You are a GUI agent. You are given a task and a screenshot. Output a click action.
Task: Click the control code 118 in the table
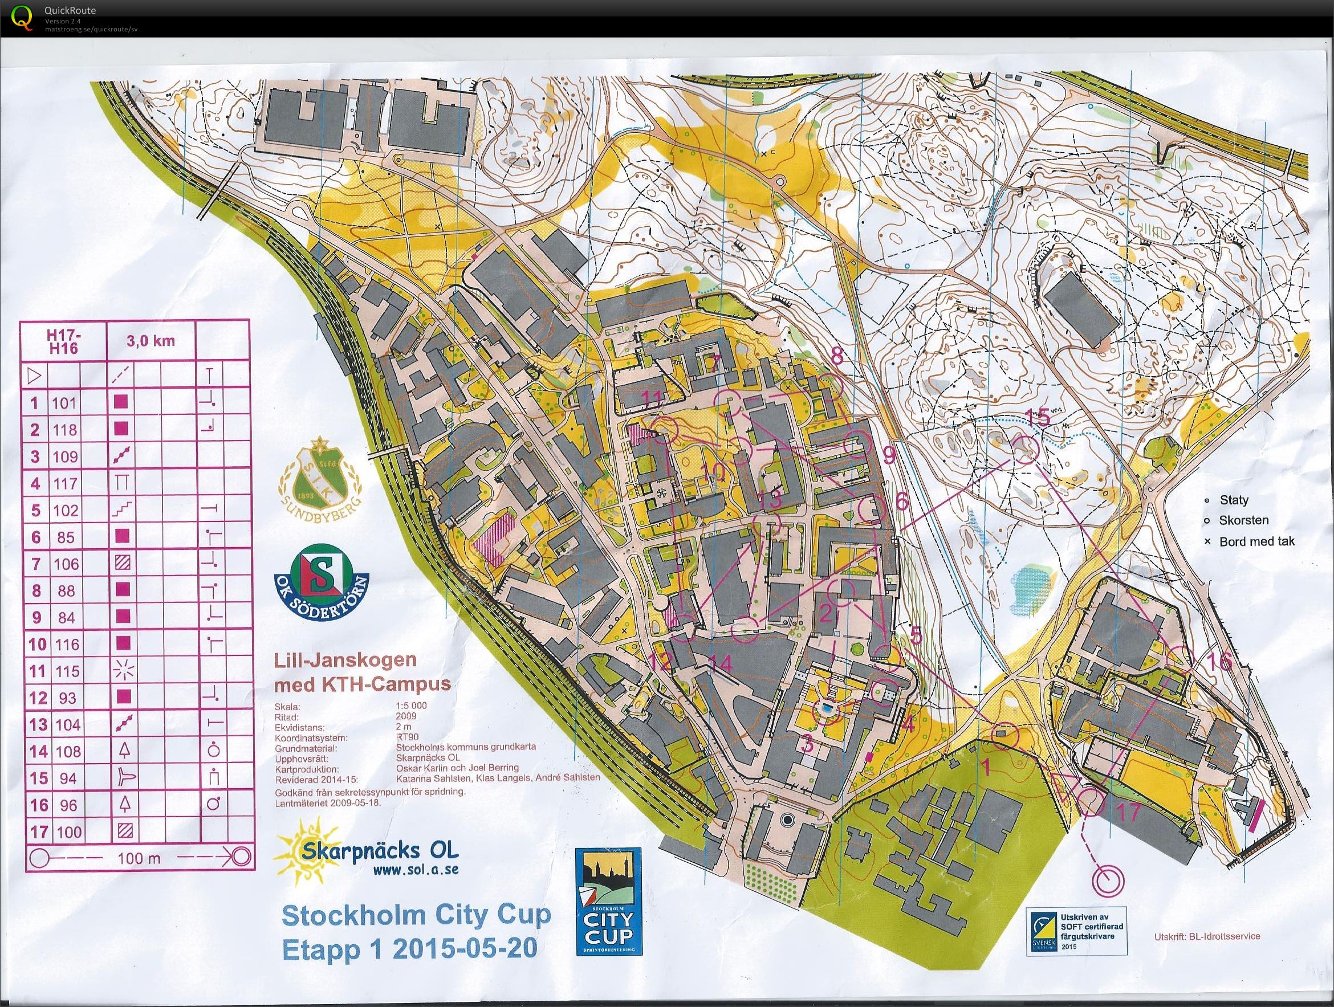coord(67,429)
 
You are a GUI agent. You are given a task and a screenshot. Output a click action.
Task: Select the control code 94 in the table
coord(67,778)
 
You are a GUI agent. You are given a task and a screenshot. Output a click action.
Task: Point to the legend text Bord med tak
coord(1257,541)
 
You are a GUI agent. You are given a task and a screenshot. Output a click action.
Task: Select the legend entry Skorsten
coord(1243,520)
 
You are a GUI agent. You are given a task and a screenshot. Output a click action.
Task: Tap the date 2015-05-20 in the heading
coord(465,948)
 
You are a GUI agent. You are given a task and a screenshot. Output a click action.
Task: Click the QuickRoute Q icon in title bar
coord(22,17)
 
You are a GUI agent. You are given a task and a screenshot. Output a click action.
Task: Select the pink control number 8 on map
coord(837,357)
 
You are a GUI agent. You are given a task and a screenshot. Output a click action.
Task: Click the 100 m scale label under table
coord(139,858)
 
